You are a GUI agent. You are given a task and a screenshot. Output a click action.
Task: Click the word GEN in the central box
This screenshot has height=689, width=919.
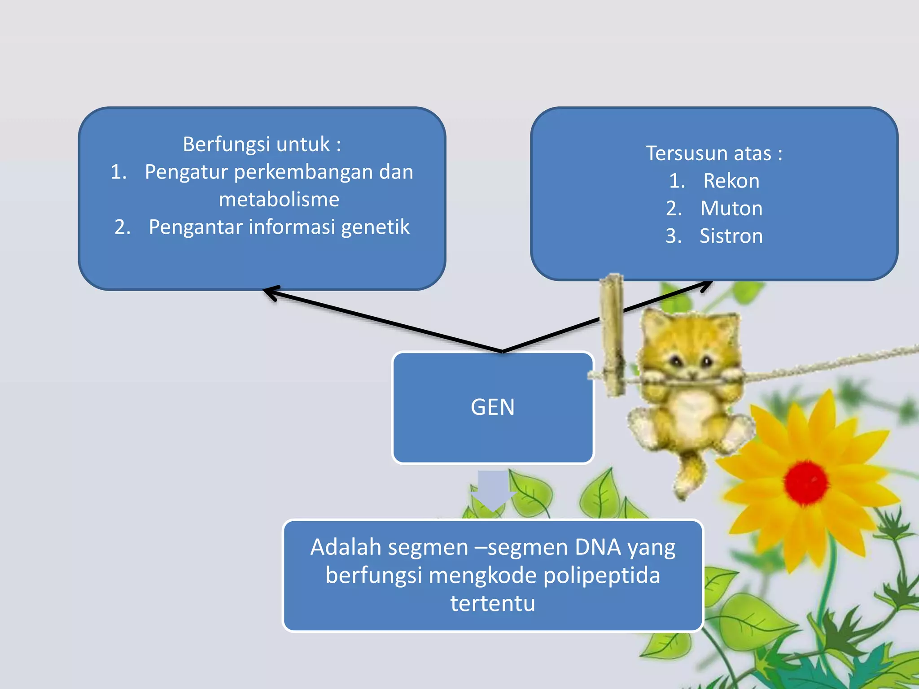tap(492, 407)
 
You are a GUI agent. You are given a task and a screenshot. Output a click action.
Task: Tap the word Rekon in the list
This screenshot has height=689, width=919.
tap(731, 181)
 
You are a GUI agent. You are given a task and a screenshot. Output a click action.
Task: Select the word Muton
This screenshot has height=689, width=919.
tap(731, 209)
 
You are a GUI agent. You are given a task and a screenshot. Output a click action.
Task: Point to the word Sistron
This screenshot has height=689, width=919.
tap(731, 236)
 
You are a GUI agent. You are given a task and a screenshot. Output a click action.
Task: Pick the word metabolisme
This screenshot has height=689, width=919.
tap(279, 200)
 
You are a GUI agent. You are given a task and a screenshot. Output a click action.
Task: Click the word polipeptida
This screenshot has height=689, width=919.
tap(601, 576)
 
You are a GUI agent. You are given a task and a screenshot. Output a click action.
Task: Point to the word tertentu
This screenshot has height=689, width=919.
tap(492, 603)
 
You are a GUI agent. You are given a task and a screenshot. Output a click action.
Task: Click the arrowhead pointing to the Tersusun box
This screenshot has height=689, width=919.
tap(706, 285)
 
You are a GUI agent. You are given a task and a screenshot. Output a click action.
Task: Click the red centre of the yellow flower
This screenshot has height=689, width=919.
tap(806, 482)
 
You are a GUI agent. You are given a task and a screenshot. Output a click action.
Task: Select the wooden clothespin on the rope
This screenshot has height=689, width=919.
tap(613, 334)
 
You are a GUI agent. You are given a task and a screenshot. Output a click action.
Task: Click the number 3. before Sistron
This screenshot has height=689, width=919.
tap(673, 236)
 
